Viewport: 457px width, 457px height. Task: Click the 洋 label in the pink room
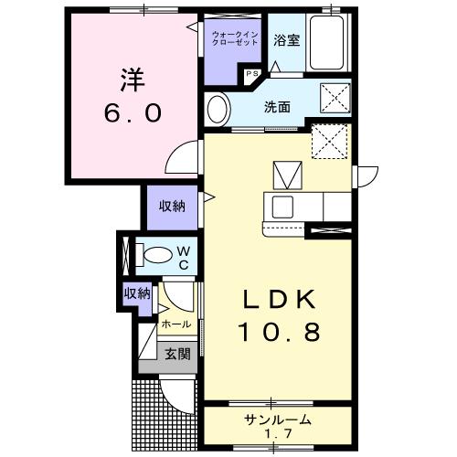pyautogui.click(x=133, y=80)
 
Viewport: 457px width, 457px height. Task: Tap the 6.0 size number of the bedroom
pyautogui.click(x=133, y=112)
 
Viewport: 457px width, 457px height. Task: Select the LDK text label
pyautogui.click(x=279, y=300)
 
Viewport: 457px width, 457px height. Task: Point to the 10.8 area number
pyautogui.click(x=281, y=332)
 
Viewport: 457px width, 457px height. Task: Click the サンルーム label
pyautogui.click(x=277, y=420)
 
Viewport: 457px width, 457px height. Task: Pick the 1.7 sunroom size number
pyautogui.click(x=278, y=433)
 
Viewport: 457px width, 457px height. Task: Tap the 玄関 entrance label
pyautogui.click(x=178, y=354)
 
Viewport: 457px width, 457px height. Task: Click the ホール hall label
pyautogui.click(x=176, y=324)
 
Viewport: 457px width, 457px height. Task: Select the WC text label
pyautogui.click(x=184, y=259)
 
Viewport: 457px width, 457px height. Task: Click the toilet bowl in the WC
pyautogui.click(x=158, y=255)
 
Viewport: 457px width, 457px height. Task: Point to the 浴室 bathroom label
pyautogui.click(x=286, y=40)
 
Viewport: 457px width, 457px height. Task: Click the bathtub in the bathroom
pyautogui.click(x=326, y=43)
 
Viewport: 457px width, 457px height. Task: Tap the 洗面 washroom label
pyautogui.click(x=277, y=107)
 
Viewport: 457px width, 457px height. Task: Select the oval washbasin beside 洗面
pyautogui.click(x=218, y=110)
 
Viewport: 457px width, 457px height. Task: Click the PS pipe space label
pyautogui.click(x=252, y=74)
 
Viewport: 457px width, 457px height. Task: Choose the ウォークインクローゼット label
pyautogui.click(x=235, y=38)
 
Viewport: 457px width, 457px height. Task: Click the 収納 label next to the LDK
pyautogui.click(x=172, y=207)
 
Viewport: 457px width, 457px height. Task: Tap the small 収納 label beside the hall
pyautogui.click(x=137, y=293)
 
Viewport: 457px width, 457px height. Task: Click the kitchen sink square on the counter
pyautogui.click(x=282, y=207)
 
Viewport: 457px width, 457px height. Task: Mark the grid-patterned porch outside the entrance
pyautogui.click(x=165, y=416)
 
